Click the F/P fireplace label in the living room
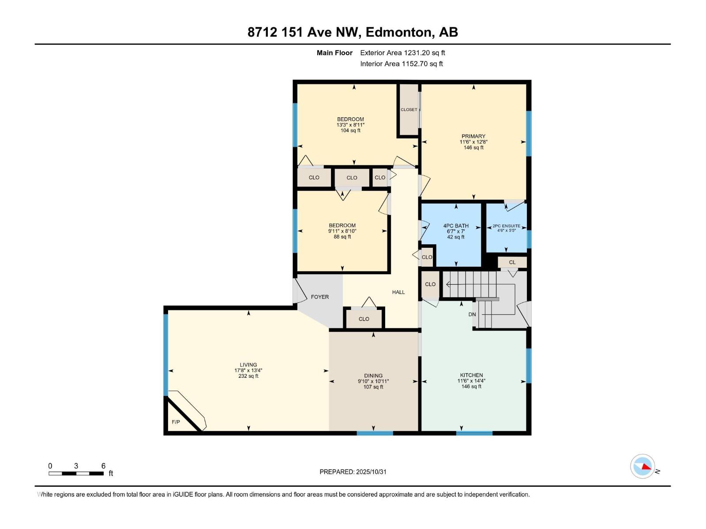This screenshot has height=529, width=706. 176,422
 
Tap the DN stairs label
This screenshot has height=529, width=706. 472,315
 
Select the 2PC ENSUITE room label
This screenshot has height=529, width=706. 506,226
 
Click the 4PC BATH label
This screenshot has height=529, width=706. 456,226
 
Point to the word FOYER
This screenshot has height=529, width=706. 319,297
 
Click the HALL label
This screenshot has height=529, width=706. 398,292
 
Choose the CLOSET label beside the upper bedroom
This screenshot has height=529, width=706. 409,110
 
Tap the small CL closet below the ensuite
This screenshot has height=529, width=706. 512,262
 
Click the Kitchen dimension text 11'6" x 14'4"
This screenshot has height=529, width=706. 471,381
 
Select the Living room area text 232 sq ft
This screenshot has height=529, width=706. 248,376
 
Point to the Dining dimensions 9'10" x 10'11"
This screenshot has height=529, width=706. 373,381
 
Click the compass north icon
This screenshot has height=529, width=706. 642,466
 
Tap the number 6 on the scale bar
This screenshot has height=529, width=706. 103,466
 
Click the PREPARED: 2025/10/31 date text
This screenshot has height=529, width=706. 353,472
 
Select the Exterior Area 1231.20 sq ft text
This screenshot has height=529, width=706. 402,53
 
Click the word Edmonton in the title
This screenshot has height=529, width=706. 399,32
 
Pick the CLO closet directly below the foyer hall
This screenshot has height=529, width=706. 364,319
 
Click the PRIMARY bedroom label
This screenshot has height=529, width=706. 473,136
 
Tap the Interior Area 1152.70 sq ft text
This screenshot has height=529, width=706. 401,64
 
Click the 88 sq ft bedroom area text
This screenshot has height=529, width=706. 342,237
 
